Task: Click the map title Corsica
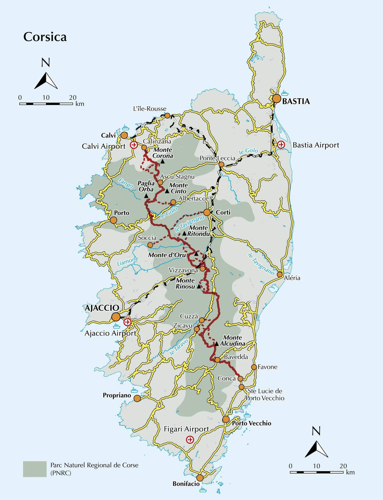click(x=45, y=37)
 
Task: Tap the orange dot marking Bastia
click(x=277, y=99)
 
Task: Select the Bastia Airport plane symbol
click(x=281, y=145)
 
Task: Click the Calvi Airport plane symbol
click(x=134, y=145)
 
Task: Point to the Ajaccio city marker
click(x=116, y=317)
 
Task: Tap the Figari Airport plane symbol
click(x=190, y=440)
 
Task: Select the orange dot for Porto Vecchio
click(x=226, y=419)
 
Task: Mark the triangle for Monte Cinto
click(x=167, y=191)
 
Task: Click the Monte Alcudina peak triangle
click(x=217, y=344)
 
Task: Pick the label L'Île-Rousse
click(x=148, y=109)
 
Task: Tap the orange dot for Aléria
click(x=280, y=275)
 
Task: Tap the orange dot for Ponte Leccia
click(x=222, y=164)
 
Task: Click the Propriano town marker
click(x=137, y=399)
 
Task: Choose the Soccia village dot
click(x=150, y=245)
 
